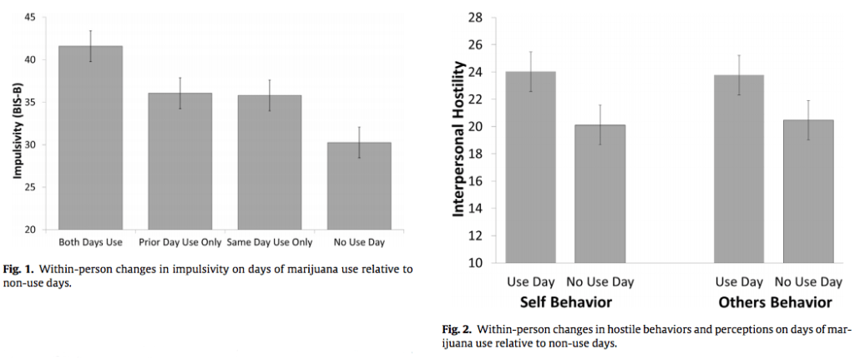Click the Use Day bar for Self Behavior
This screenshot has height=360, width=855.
click(530, 167)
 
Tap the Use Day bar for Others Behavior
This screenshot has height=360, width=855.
click(738, 169)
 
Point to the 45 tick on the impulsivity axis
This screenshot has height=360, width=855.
click(31, 17)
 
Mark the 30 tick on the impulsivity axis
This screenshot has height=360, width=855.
click(31, 145)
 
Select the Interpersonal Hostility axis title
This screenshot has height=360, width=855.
click(458, 140)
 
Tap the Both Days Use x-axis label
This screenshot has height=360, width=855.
click(90, 242)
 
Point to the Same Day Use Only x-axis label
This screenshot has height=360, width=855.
click(269, 242)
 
